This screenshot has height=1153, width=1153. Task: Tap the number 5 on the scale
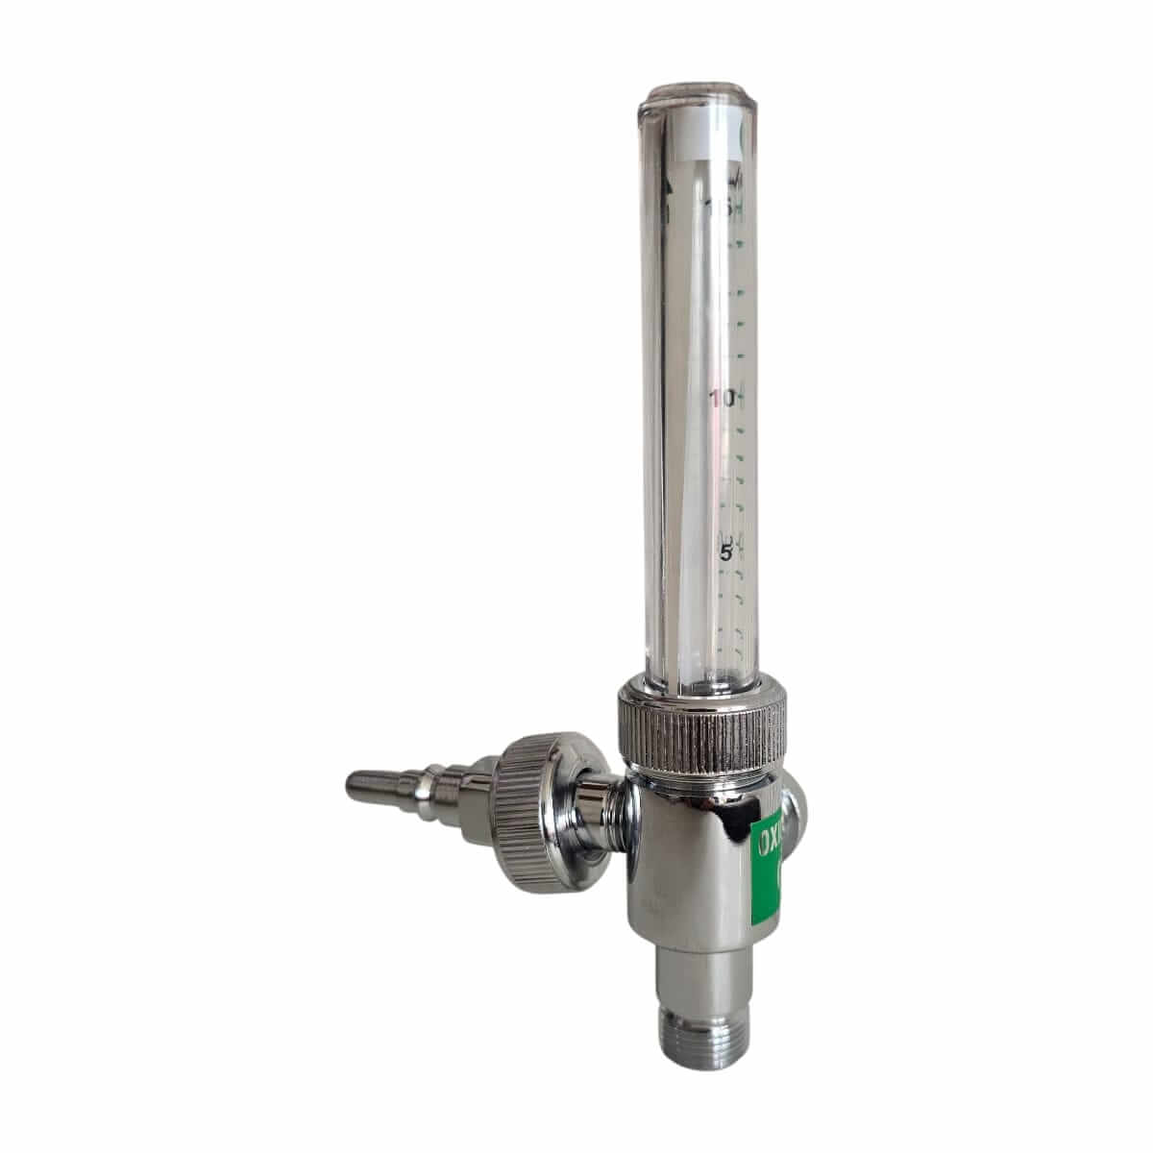pyautogui.click(x=727, y=553)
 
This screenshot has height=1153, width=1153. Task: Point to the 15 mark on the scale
pyautogui.click(x=719, y=208)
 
